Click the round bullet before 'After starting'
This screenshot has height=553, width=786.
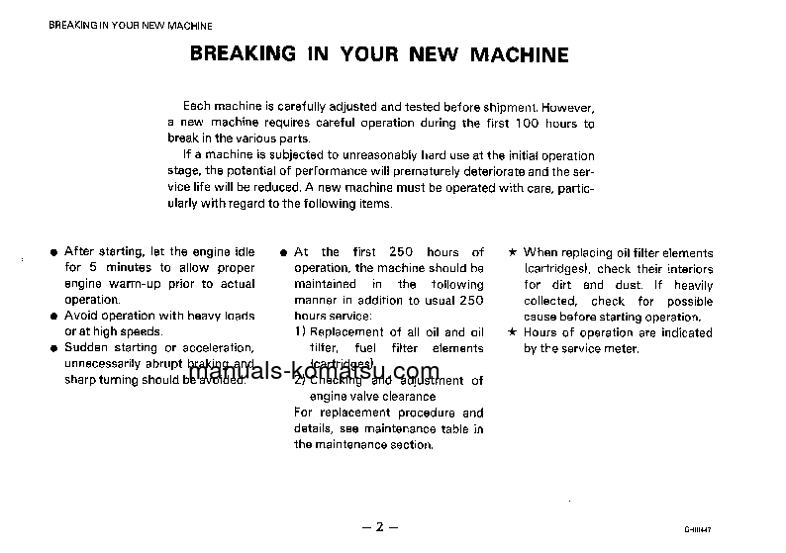pos(53,252)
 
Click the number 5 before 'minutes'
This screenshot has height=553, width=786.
pos(94,268)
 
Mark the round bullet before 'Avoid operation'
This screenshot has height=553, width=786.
pos(53,317)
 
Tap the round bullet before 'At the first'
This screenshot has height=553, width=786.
pos(284,253)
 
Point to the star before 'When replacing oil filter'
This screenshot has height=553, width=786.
pos(513,252)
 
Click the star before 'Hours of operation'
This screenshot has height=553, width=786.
pos(513,332)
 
